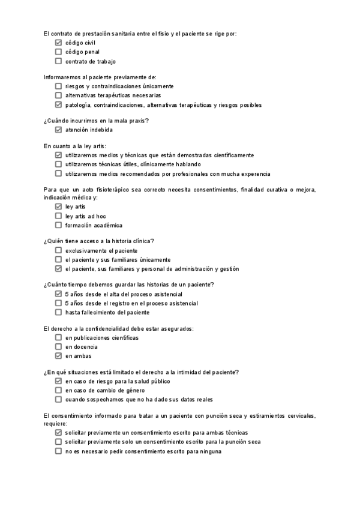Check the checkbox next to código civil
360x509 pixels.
point(58,43)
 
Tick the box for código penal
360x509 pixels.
point(58,52)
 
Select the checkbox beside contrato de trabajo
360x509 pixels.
point(58,61)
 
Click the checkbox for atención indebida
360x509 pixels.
point(58,130)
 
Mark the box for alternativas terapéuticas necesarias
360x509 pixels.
point(58,95)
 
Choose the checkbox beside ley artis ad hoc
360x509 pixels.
point(58,216)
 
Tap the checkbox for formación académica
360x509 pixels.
point(58,225)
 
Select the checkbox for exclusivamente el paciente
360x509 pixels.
point(58,250)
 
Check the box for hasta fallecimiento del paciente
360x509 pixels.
point(58,312)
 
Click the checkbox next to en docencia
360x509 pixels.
point(58,347)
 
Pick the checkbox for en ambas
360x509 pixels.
point(58,356)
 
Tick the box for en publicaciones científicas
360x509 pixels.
point(58,338)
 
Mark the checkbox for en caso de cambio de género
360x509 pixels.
point(58,390)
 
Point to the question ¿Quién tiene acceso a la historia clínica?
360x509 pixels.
point(99,241)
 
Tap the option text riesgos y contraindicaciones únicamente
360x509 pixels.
point(119,86)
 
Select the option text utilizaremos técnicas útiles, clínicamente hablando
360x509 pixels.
point(133,164)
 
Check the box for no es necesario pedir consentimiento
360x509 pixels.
point(58,451)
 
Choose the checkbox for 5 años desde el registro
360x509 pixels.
point(58,303)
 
